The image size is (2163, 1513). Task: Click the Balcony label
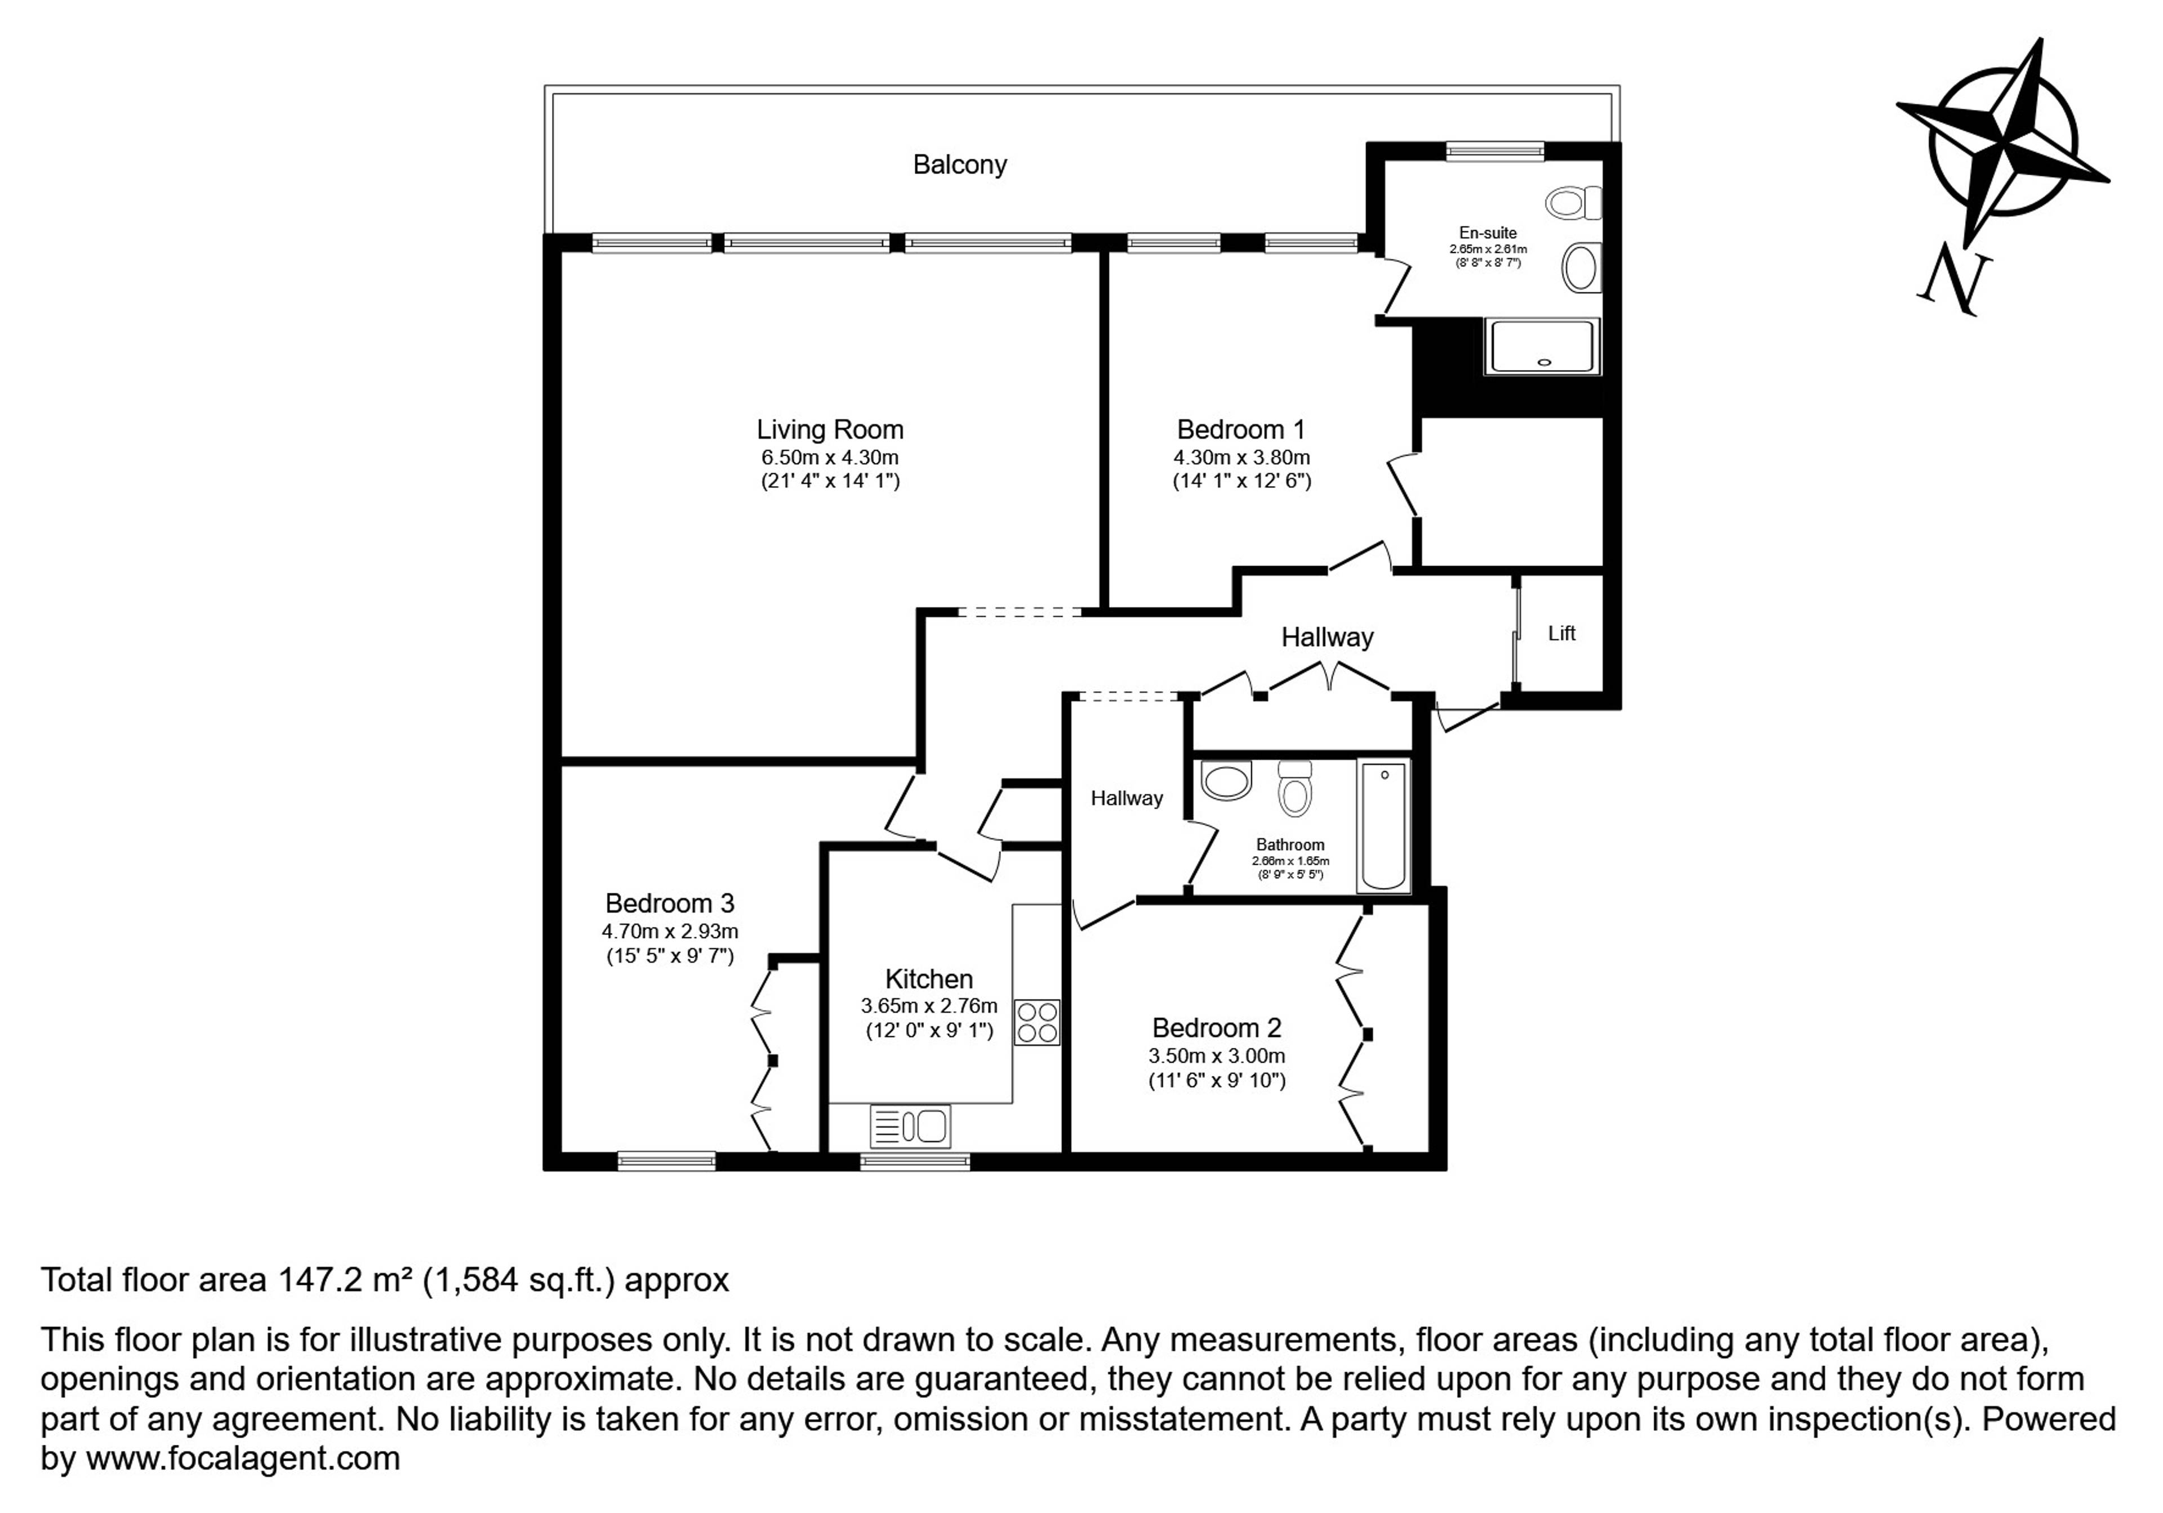point(959,166)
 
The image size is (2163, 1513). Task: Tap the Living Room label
point(830,430)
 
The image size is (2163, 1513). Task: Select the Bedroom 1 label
point(1241,430)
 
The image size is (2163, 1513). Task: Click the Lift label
point(1561,633)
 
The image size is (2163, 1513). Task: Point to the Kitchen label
point(929,979)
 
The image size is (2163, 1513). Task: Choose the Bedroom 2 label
point(1216,1028)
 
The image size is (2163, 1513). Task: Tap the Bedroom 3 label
point(670,904)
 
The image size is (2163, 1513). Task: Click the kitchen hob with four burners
point(1036,1022)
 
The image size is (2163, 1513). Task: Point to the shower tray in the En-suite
point(1542,346)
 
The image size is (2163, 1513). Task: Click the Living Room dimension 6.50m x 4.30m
point(830,458)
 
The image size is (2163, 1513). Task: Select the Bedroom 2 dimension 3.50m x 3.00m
point(1216,1056)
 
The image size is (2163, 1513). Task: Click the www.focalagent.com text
point(243,1458)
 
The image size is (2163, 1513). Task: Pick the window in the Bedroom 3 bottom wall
point(666,1160)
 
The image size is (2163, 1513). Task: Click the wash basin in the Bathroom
point(1227,781)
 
